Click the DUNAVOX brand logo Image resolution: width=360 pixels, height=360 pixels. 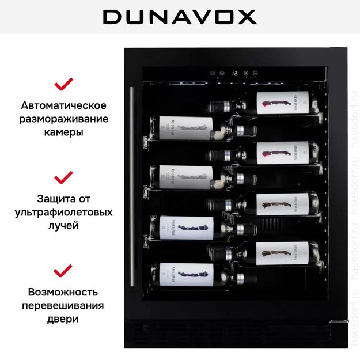[x=180, y=17]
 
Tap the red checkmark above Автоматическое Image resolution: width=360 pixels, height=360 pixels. [x=63, y=85]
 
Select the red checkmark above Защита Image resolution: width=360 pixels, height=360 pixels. [x=63, y=176]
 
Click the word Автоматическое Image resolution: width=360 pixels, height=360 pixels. [x=63, y=106]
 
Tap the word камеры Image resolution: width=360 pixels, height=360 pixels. [x=63, y=132]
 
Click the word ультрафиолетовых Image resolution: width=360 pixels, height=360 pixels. [x=63, y=213]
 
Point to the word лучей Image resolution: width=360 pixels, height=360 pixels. [x=63, y=225]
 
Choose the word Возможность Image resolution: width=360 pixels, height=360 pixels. [x=63, y=292]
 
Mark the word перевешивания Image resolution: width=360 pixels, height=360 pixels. [x=63, y=305]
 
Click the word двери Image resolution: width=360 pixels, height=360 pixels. [x=63, y=319]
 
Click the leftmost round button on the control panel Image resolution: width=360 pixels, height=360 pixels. [x=213, y=74]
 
